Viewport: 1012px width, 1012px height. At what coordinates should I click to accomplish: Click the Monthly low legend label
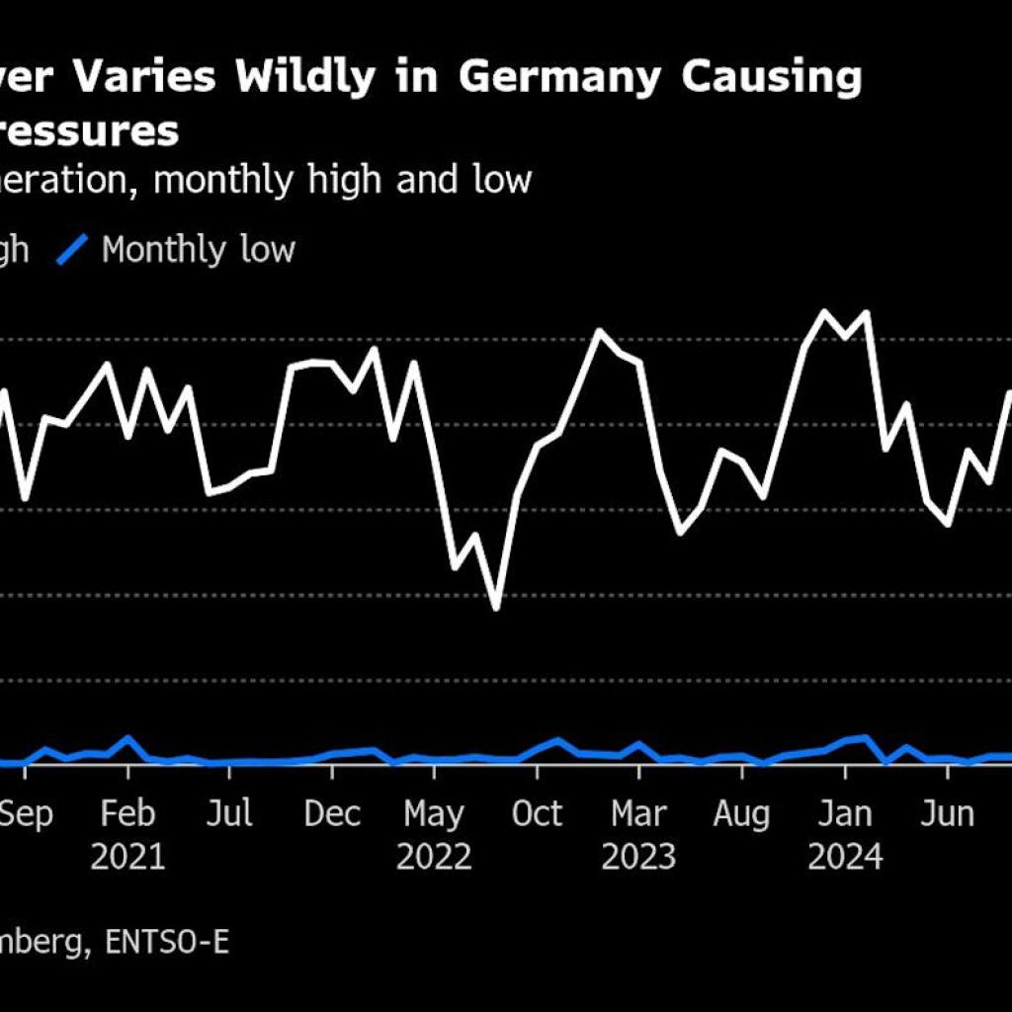coord(198,250)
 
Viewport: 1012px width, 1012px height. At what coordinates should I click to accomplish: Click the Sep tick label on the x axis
coord(27,814)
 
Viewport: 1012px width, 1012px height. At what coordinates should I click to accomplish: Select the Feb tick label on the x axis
coord(128,814)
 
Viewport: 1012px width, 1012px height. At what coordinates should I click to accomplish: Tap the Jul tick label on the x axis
coord(230,814)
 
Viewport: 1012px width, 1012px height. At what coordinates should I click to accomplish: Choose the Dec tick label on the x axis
coord(333,814)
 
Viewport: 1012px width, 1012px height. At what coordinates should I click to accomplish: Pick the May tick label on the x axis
coord(434,814)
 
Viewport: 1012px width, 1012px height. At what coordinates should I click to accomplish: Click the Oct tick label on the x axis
coord(537,814)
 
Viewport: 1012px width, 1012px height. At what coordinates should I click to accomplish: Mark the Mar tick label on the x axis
coord(638,814)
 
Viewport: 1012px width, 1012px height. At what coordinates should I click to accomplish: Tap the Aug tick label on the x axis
coord(741,814)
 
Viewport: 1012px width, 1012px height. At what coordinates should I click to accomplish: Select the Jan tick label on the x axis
coord(845,814)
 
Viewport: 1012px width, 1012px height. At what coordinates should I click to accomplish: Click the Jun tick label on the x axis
coord(947,814)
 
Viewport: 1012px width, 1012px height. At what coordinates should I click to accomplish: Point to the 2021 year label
coord(128,857)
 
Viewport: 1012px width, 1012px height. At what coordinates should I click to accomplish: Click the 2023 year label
coord(638,857)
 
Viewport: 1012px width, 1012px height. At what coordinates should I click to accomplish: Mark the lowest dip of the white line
coord(496,608)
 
